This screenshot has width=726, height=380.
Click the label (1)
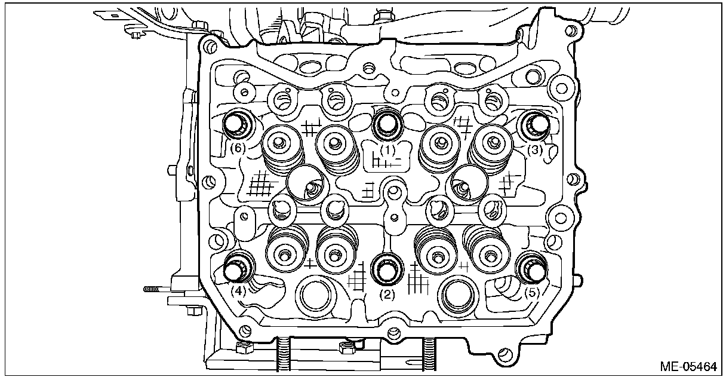point(388,151)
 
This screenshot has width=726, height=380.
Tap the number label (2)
point(388,294)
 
